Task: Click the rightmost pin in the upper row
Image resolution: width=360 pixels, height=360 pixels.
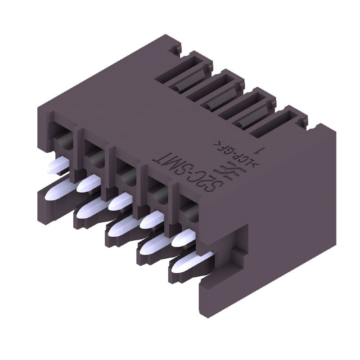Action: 184,238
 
